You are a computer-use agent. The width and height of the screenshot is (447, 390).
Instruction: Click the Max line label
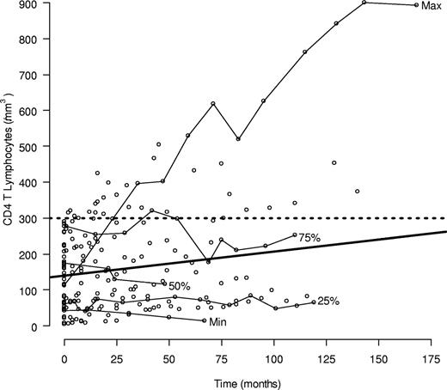tap(431, 6)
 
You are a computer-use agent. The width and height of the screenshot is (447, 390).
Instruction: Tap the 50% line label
tap(179, 285)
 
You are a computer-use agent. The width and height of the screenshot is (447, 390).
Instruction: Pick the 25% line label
tap(328, 302)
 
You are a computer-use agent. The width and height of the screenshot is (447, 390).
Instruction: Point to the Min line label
tap(220, 321)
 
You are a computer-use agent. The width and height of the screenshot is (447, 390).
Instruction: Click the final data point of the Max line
tap(417, 5)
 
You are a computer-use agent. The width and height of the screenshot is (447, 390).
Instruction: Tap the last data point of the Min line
tap(204, 320)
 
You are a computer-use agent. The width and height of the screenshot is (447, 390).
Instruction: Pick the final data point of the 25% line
tap(314, 302)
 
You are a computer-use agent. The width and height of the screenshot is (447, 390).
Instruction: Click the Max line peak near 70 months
tap(212, 104)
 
